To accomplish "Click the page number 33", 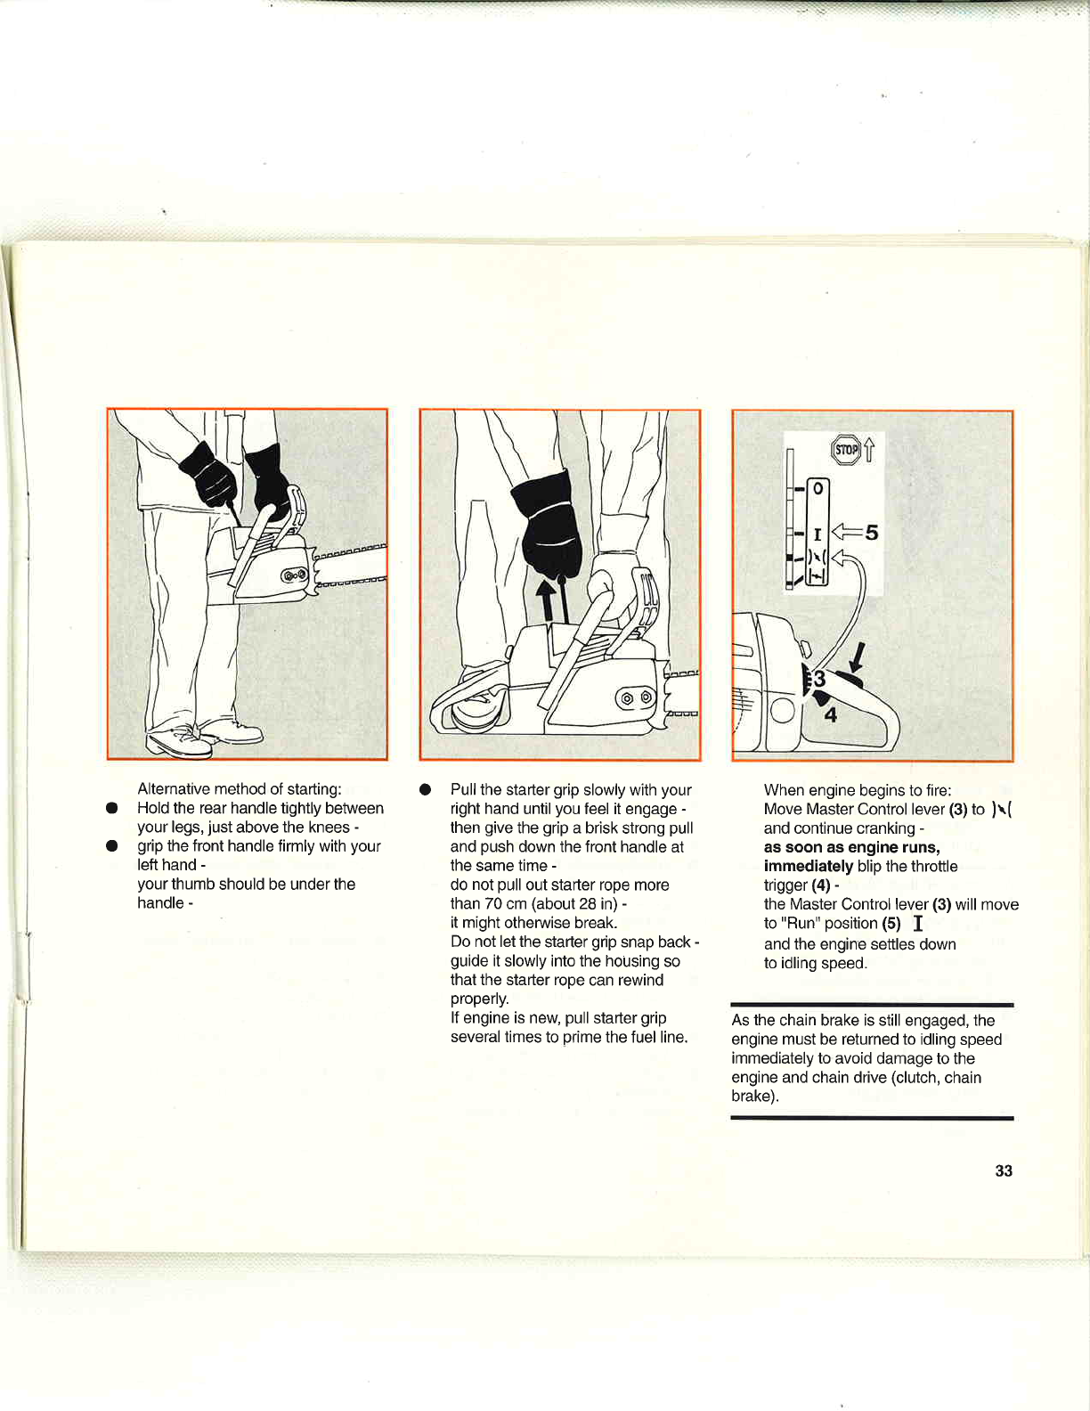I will (x=1004, y=1170).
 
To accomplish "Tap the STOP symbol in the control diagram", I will (x=846, y=450).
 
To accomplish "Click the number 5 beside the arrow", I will (x=871, y=533).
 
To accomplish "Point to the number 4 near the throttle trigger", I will (x=830, y=714).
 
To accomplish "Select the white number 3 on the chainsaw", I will (x=819, y=680).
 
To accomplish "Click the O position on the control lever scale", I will (x=817, y=489).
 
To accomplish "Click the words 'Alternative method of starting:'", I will (x=240, y=789).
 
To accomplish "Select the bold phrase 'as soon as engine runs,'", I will (x=851, y=847).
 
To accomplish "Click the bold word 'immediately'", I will (x=809, y=866).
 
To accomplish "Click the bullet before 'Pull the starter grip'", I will (x=425, y=790).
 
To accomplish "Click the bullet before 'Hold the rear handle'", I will (x=111, y=809).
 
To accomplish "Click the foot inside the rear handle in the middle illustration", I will (x=475, y=710).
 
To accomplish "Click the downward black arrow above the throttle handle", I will (x=858, y=656).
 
